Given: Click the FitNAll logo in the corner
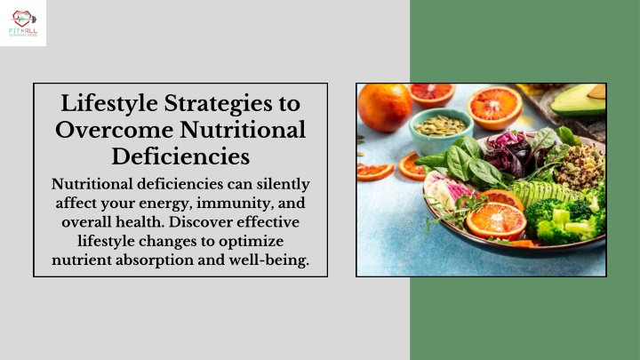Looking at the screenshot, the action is pos(23,23).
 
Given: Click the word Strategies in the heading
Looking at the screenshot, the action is pos(218,104).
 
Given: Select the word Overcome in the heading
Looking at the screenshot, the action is pos(115,130).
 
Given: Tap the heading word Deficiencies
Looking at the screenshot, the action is pos(180,156).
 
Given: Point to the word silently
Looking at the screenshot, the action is pos(283,185).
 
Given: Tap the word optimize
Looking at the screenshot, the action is pos(251,242).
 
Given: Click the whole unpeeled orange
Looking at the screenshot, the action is pos(385,107).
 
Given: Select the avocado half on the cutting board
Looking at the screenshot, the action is pos(580,100).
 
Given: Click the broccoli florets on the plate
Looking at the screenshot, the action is pos(565,219).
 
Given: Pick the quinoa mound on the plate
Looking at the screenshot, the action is pos(580,165).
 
